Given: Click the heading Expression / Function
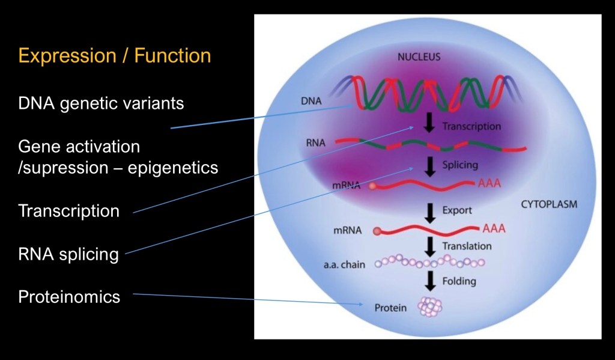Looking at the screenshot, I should click(115, 56).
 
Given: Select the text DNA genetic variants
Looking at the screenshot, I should click(101, 103).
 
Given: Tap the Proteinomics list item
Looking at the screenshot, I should click(69, 296).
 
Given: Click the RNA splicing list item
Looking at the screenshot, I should click(68, 254).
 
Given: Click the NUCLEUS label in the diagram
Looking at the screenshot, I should click(419, 58).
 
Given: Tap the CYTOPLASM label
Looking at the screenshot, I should click(549, 204).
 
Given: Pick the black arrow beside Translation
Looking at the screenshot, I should click(429, 246).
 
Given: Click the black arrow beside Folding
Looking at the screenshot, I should click(429, 280).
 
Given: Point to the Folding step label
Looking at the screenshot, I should click(459, 281).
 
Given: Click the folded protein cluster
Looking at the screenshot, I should click(430, 307).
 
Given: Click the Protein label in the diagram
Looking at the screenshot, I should click(390, 308).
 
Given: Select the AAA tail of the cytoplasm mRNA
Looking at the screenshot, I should click(494, 228).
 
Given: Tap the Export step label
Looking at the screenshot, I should click(457, 211).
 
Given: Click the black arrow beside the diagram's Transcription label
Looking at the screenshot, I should click(429, 123).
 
